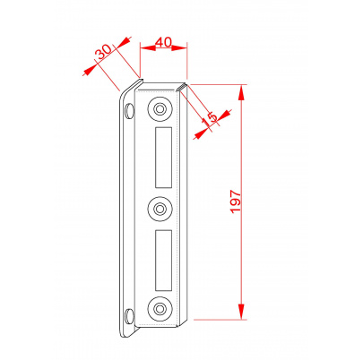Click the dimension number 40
coord(164,42)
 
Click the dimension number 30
coord(103,52)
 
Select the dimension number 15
coord(210,118)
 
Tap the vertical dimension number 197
coord(236,201)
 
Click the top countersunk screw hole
coord(160,109)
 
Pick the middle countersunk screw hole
coord(160,209)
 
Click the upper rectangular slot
coord(163,158)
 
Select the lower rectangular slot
coord(163,261)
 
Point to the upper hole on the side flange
coord(129,111)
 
